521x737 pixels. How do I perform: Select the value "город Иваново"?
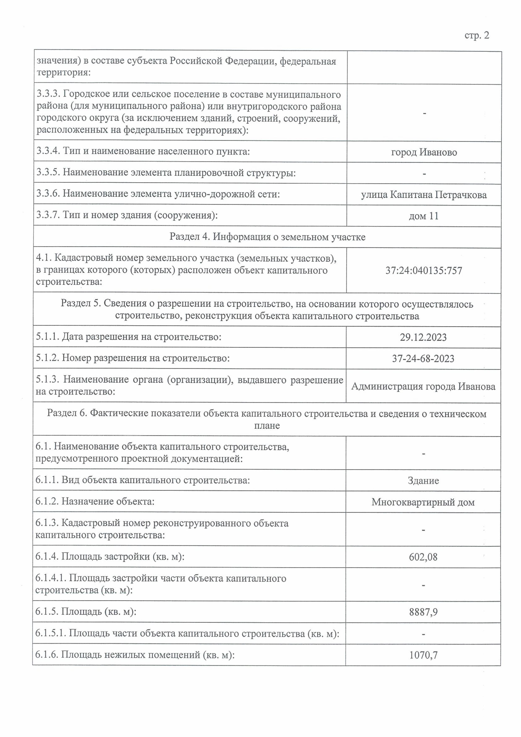424,152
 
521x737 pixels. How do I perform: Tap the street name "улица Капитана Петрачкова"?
424,195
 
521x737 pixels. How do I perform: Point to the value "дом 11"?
423,216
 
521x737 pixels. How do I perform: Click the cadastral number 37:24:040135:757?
424,270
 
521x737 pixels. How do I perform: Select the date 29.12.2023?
423,337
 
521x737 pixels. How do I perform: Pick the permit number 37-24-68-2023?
423,359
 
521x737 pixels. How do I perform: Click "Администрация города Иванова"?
423,386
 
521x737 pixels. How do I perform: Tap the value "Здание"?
423,481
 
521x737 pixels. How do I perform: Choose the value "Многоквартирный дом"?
423,502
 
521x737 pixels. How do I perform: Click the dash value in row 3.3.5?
424,174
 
